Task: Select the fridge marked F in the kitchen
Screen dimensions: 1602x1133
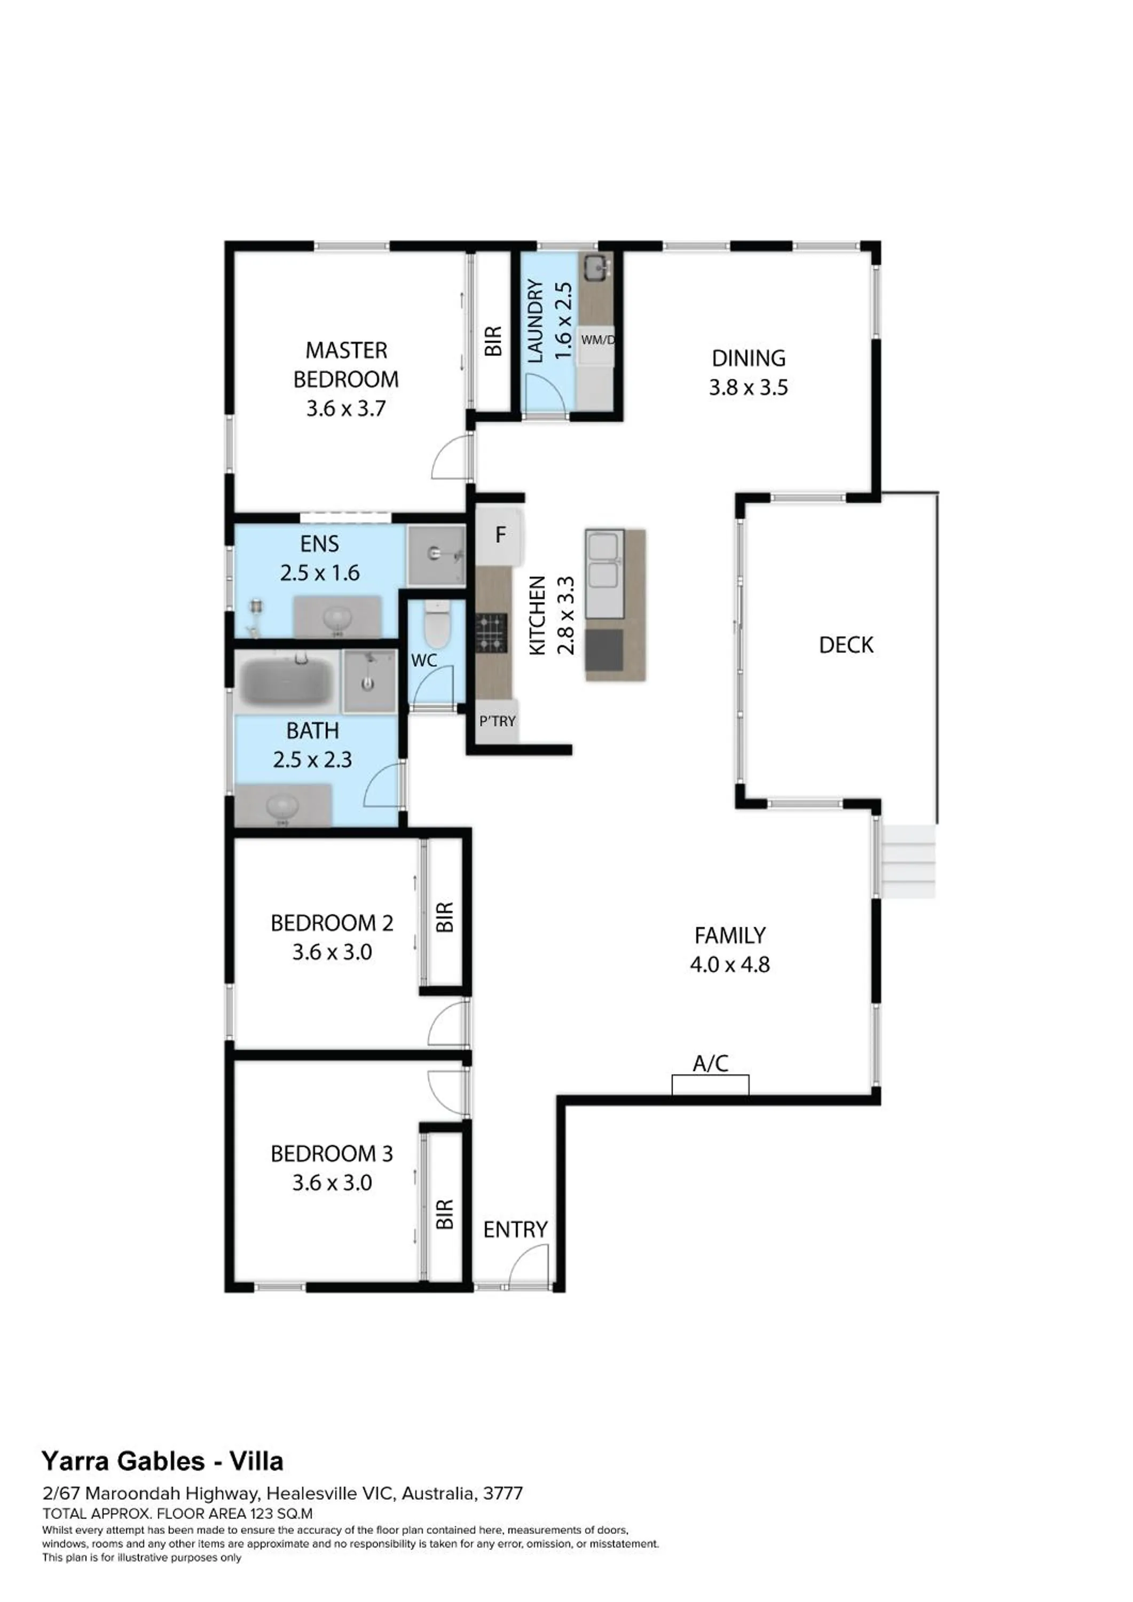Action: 500,535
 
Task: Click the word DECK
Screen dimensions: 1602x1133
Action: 846,645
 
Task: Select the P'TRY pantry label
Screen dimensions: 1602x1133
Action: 497,721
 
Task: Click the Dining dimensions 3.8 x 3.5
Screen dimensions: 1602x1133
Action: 748,387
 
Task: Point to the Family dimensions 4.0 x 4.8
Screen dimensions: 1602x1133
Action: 730,964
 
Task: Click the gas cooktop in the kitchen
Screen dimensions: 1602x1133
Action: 491,632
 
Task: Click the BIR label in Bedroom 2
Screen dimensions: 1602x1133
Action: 444,917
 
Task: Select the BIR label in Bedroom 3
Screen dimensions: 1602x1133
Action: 444,1215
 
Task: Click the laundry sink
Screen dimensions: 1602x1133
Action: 596,267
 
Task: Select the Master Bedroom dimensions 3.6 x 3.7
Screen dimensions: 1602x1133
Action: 345,408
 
